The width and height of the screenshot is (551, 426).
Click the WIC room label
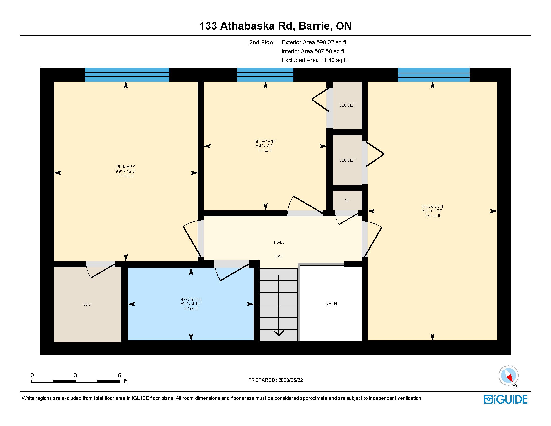[x=87, y=305]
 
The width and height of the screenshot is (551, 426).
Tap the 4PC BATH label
[x=191, y=299]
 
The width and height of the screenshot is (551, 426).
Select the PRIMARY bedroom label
[x=126, y=167]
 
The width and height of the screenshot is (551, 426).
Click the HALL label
[x=279, y=242]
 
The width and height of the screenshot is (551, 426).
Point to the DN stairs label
[x=279, y=257]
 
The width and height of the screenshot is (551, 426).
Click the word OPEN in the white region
[x=331, y=304]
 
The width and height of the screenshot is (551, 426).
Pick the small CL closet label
[x=347, y=201]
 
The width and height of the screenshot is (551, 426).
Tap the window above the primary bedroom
[x=127, y=75]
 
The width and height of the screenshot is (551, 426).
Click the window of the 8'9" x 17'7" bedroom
[x=434, y=75]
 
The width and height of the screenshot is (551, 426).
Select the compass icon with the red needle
[x=509, y=375]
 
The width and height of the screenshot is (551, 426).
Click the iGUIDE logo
[x=506, y=399]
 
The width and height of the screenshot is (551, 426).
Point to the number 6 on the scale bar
[x=119, y=375]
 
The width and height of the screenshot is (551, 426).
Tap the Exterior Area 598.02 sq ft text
[x=314, y=42]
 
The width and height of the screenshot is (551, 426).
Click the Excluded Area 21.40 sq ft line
[x=314, y=60]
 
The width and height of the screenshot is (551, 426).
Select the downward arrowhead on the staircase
[x=279, y=333]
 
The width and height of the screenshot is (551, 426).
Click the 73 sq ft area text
[x=265, y=151]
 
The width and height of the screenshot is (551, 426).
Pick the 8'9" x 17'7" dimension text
[x=432, y=211]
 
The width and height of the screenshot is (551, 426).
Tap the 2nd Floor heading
[x=262, y=42]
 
